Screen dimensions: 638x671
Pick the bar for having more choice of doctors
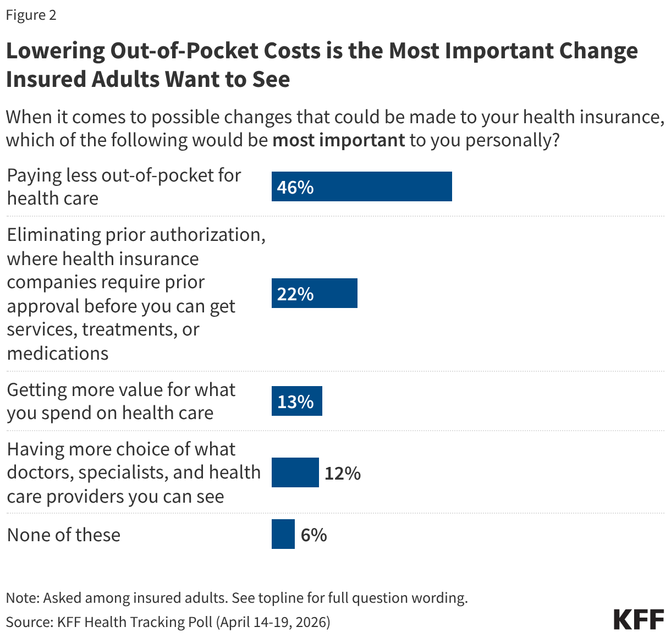[295, 472]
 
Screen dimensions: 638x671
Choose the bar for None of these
[283, 534]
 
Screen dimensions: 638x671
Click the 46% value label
[295, 187]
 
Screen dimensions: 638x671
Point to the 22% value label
[295, 294]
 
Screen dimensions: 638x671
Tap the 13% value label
[295, 402]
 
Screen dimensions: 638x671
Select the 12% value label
[342, 473]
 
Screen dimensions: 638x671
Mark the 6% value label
[313, 535]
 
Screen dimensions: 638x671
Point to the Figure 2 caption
[31, 15]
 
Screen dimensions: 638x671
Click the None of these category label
[64, 535]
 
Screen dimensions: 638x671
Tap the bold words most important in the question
[338, 140]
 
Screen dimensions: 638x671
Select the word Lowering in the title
[55, 51]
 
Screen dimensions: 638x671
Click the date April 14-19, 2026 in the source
[273, 622]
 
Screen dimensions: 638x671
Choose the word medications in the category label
[58, 353]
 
